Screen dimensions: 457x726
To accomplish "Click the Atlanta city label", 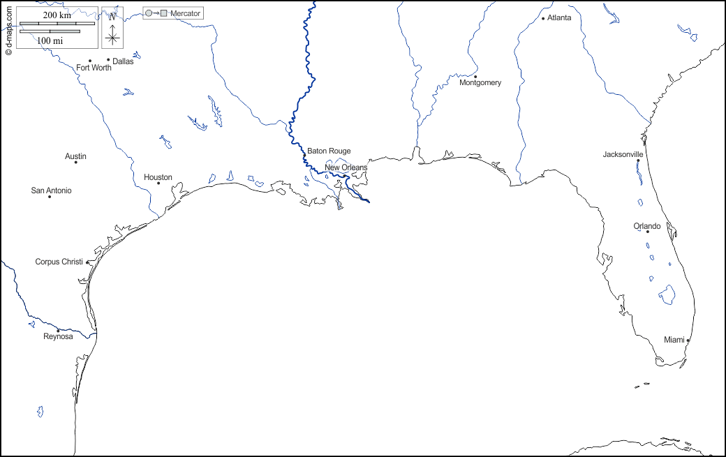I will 559,17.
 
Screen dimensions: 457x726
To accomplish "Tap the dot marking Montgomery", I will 475,77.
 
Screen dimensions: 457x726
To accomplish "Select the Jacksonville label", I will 623,154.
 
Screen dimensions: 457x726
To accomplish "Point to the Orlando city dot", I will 647,232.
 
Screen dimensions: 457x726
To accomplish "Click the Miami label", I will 674,340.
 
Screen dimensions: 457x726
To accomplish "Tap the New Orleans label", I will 346,167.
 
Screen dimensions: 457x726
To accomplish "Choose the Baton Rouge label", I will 329,151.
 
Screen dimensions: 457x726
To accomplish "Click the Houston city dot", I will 158,183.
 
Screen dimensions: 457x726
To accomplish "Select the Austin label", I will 75,156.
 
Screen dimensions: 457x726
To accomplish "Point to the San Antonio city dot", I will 50,197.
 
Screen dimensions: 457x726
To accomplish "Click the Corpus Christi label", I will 59,262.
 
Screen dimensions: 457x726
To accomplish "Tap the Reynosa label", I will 58,336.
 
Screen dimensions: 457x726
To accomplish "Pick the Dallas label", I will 123,61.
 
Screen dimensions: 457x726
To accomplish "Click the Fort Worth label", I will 94,68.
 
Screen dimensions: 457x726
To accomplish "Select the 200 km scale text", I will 57,15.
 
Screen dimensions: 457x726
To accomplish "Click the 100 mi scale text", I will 50,41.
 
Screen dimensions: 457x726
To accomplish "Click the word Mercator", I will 185,13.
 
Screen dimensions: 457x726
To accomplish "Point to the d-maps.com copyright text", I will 8,29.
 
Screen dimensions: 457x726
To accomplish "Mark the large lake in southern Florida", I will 668,295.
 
